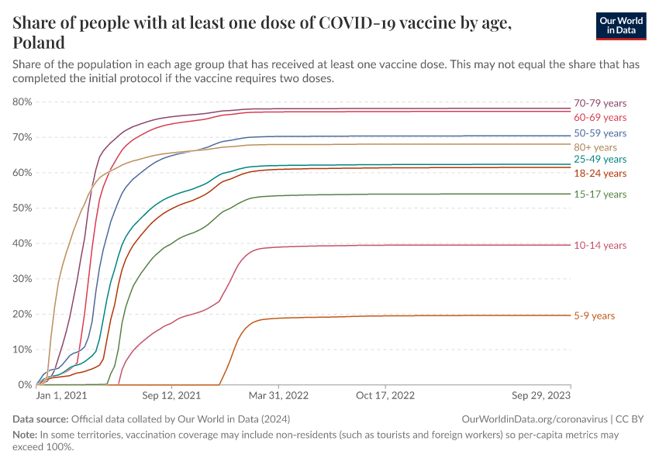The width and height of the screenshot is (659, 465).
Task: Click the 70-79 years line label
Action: (x=600, y=103)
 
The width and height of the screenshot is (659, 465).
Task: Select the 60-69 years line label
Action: (x=600, y=117)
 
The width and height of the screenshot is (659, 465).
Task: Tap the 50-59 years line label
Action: (x=600, y=133)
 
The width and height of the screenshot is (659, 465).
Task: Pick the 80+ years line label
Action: (x=595, y=146)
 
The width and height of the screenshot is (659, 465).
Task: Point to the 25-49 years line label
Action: (x=600, y=159)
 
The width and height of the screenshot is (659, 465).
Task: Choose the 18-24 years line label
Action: (x=600, y=173)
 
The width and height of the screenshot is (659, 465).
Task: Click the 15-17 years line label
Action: (x=600, y=194)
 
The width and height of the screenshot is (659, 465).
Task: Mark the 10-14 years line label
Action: (x=600, y=245)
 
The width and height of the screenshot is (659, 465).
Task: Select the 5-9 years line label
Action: (x=595, y=315)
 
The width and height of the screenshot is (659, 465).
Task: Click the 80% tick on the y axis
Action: (x=22, y=102)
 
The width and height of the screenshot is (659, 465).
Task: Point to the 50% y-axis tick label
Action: (x=22, y=208)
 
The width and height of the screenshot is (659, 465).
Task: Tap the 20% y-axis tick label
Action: (x=22, y=314)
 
